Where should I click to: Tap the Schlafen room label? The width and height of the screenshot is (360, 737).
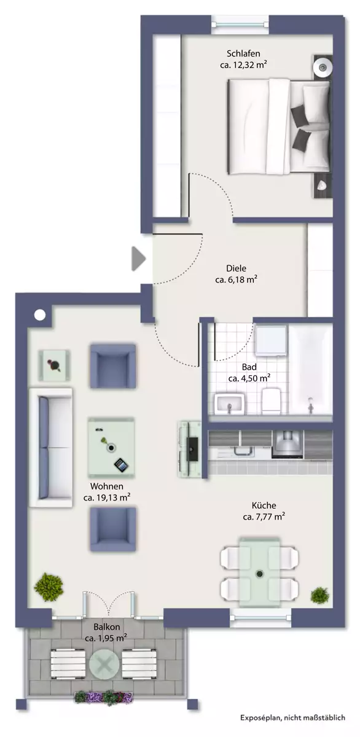[243, 53]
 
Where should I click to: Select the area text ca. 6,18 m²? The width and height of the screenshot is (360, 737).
[236, 280]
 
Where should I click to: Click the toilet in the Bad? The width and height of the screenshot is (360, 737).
[271, 400]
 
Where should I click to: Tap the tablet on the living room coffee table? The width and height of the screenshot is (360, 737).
[121, 464]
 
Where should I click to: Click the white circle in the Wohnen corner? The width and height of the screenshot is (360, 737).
[40, 315]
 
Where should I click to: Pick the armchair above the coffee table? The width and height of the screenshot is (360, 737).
[113, 366]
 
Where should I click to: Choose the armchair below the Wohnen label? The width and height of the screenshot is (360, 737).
[113, 529]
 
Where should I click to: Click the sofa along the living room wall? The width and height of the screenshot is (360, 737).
[51, 448]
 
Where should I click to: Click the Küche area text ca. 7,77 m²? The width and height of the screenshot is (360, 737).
[264, 517]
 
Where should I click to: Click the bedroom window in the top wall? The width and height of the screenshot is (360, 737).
[240, 24]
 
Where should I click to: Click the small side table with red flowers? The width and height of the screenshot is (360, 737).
[54, 365]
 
